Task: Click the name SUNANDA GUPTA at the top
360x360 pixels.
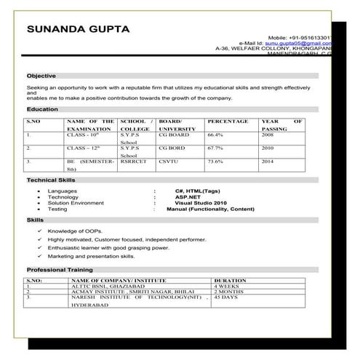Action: coord(78,30)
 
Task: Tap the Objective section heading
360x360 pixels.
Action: coord(41,76)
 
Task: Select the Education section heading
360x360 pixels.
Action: coord(42,108)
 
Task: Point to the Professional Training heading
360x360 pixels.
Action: coord(59,270)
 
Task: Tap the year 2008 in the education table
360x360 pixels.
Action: coord(268,135)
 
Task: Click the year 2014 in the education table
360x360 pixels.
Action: coord(268,161)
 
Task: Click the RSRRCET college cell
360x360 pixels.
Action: coord(133,161)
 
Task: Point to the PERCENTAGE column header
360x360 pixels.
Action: coord(227,121)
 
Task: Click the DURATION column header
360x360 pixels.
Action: coord(230,280)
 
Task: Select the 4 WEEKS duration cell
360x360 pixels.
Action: coord(227,286)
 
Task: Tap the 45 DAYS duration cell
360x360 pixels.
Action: coord(225,297)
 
